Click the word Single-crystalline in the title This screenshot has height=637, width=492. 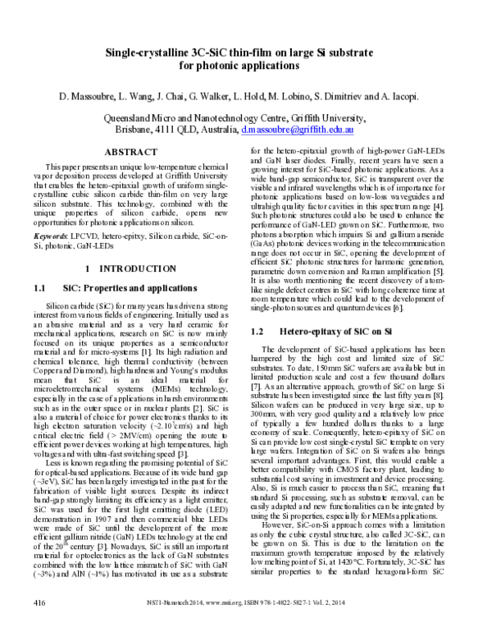tap(144, 53)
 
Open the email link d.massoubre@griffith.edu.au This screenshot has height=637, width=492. tap(298, 130)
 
